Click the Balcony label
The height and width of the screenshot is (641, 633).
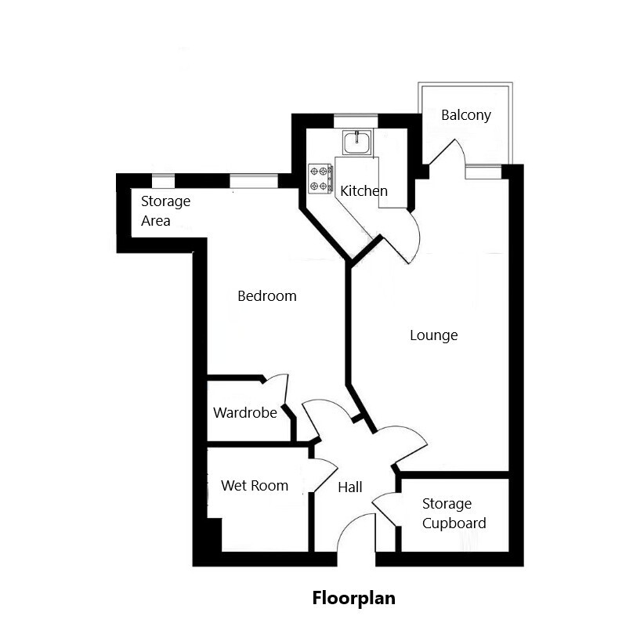pyautogui.click(x=466, y=115)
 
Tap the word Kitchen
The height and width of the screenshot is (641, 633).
pyautogui.click(x=364, y=191)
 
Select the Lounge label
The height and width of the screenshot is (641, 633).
pyautogui.click(x=433, y=335)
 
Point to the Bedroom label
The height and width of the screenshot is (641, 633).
pyautogui.click(x=267, y=296)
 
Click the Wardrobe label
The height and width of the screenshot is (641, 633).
pyautogui.click(x=245, y=412)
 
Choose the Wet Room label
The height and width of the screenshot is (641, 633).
pyautogui.click(x=255, y=486)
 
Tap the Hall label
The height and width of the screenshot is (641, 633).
pyautogui.click(x=350, y=487)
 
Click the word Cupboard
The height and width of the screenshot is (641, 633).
pyautogui.click(x=454, y=523)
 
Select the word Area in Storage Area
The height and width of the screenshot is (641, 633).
pyautogui.click(x=156, y=221)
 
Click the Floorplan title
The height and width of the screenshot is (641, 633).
pyautogui.click(x=354, y=598)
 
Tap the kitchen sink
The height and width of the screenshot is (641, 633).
pyautogui.click(x=357, y=143)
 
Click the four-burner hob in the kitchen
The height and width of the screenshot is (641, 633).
pyautogui.click(x=320, y=178)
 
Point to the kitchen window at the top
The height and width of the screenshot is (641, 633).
pyautogui.click(x=356, y=121)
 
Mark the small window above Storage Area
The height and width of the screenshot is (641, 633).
pyautogui.click(x=164, y=181)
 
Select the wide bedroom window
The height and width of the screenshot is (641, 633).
pyautogui.click(x=254, y=181)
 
